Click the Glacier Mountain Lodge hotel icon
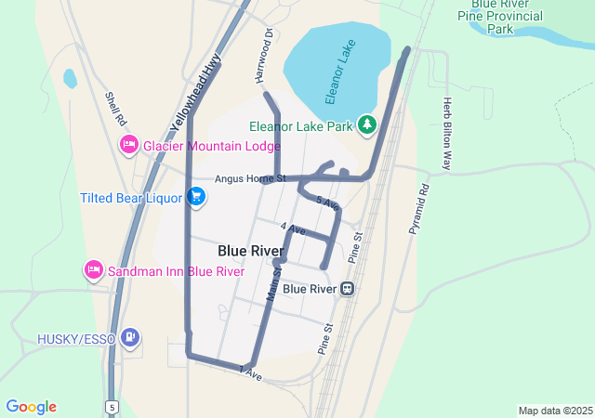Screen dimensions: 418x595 pyautogui.click(x=129, y=146)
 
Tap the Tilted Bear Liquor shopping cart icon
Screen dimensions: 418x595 pyautogui.click(x=195, y=197)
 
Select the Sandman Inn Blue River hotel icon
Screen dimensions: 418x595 pyautogui.click(x=94, y=271)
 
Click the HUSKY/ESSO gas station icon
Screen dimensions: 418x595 pyautogui.click(x=131, y=338)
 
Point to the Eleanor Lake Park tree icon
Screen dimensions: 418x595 pyautogui.click(x=368, y=124)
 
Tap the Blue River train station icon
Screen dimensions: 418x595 pyautogui.click(x=347, y=289)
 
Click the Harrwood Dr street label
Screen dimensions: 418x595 pyautogui.click(x=270, y=54)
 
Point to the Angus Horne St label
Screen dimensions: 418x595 pyautogui.click(x=249, y=178)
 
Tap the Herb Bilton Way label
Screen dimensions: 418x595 pyautogui.click(x=447, y=134)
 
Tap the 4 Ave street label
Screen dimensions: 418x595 pyautogui.click(x=293, y=228)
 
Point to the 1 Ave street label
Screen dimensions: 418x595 pyautogui.click(x=250, y=372)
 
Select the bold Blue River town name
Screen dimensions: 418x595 pyautogui.click(x=251, y=251)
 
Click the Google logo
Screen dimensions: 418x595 pyautogui.click(x=31, y=407)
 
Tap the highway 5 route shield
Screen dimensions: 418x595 pyautogui.click(x=112, y=407)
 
